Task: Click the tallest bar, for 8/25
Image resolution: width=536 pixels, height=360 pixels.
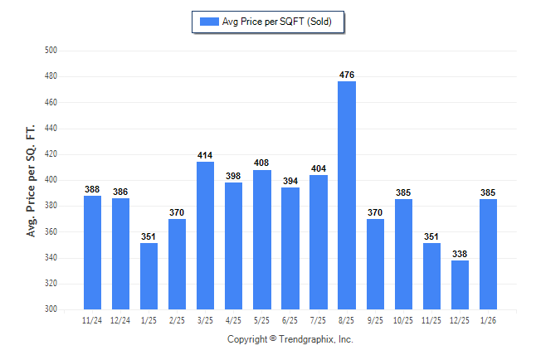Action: click(347, 195)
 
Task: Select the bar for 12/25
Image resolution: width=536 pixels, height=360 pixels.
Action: click(460, 285)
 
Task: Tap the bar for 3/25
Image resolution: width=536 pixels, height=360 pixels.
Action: click(206, 236)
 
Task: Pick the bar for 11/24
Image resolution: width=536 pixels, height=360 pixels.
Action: click(93, 252)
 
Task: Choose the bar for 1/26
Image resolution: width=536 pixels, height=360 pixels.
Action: click(489, 254)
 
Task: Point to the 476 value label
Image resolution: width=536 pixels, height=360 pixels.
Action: click(347, 75)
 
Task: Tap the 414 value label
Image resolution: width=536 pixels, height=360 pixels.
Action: click(206, 156)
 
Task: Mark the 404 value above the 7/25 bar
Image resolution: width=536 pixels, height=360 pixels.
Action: click(319, 169)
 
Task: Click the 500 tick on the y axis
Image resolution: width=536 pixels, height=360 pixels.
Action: click(50, 51)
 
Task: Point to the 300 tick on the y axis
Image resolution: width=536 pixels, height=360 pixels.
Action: click(50, 309)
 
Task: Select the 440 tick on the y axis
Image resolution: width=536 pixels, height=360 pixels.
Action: click(50, 129)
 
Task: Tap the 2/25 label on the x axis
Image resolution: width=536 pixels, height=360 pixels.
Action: click(178, 320)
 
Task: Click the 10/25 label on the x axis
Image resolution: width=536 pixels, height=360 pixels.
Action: click(403, 320)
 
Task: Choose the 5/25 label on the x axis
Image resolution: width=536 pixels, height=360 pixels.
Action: click(262, 320)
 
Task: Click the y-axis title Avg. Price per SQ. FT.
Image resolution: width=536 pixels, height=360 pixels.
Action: click(31, 181)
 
